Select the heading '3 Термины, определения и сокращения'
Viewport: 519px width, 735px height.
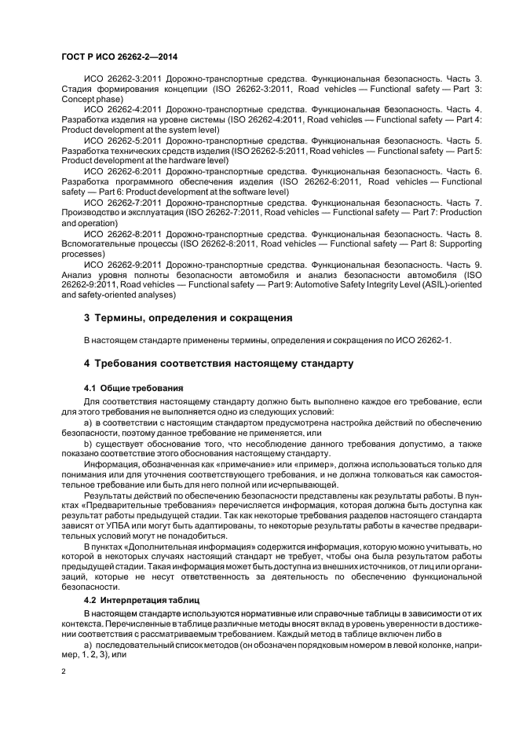pyautogui.click(x=188, y=318)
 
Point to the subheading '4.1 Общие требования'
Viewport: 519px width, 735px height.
pyautogui.click(x=133, y=388)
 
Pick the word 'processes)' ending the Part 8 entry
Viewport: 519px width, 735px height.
pyautogui.click(x=82, y=254)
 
